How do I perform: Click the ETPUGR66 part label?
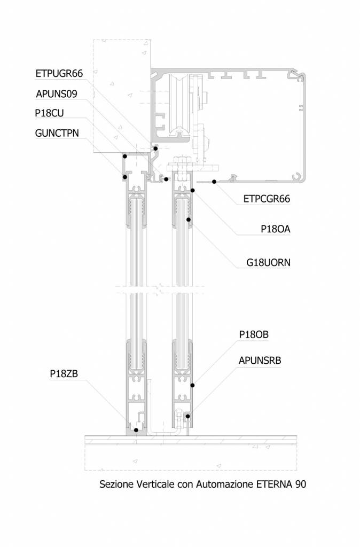pos(59,74)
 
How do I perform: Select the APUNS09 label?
pos(57,94)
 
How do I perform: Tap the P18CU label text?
pos(50,113)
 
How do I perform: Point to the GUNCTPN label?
pos(57,133)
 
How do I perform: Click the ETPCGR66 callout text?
pos(267,199)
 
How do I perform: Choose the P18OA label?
pos(276,229)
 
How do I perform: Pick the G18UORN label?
pos(268,262)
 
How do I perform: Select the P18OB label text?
pos(254,334)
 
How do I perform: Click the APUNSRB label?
pos(260,361)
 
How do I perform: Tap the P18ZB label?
pos(64,373)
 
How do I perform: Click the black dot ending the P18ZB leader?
pos(136,430)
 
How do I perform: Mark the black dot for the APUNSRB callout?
pos(187,416)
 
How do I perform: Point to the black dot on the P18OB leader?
pos(192,386)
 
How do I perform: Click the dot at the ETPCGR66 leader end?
pos(214,182)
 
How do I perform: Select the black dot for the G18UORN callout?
pos(189,220)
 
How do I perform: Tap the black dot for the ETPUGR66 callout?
pos(156,149)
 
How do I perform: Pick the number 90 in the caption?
pos(301,484)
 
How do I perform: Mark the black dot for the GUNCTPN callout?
pos(124,177)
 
